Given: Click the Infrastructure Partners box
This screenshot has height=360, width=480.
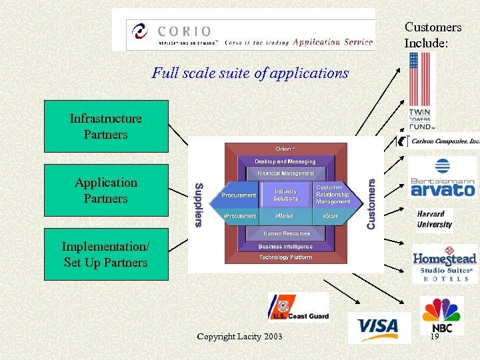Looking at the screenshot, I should click(106, 127).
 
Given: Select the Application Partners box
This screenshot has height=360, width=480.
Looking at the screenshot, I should click(106, 191).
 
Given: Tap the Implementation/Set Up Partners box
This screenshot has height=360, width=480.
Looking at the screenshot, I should click(106, 255).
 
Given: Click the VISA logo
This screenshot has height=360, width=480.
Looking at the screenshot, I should click(378, 327).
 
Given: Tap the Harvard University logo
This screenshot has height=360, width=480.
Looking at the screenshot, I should click(434, 219).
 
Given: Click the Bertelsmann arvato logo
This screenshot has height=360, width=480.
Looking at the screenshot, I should click(442, 179).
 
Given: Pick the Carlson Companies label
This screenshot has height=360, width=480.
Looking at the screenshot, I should click(445, 141).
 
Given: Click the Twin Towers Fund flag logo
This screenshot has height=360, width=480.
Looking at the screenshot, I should click(421, 91).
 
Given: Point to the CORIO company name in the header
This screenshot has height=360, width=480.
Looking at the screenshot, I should click(185, 31).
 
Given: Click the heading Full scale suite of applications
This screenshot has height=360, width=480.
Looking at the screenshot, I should click(250, 73).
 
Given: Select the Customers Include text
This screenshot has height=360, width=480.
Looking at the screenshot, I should click(433, 35).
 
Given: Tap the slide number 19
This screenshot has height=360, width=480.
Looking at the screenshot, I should click(435, 337).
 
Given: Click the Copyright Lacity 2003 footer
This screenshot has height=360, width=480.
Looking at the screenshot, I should click(239, 337).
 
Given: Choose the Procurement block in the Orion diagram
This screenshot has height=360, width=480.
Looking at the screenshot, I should click(238, 195).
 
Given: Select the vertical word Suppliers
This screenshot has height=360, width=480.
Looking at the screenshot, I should click(198, 205).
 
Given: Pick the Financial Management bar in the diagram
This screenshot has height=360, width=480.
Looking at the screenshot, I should click(285, 173).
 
